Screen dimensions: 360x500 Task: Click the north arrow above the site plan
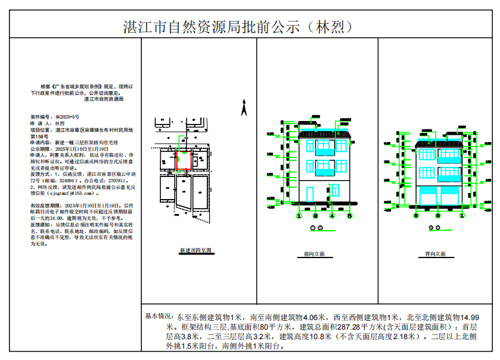[243, 109]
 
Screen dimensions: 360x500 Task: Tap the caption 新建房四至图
[195, 252]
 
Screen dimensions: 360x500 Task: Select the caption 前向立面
[314, 255]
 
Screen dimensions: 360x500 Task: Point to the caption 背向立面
[436, 255]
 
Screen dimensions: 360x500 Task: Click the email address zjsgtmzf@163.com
[70, 194]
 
